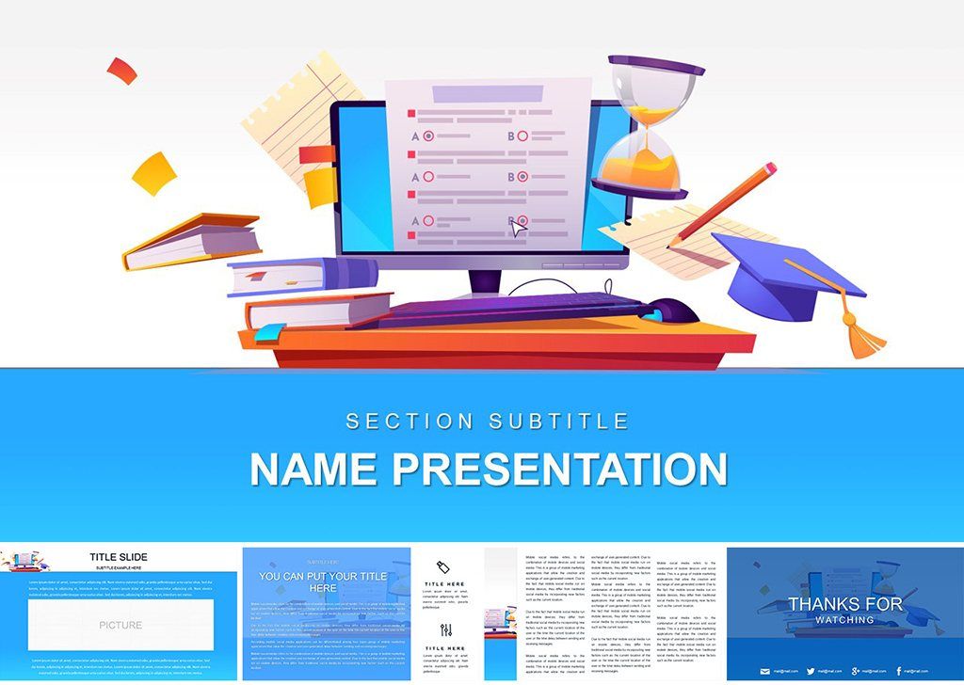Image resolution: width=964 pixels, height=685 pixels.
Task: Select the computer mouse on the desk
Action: (673, 310)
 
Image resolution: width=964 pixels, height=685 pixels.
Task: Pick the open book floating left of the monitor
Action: (192, 240)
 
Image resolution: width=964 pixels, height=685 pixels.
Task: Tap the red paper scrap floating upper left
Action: (121, 70)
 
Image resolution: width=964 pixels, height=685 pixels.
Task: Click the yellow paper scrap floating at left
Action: (153, 173)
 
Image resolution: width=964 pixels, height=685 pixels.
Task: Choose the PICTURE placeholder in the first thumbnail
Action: (120, 625)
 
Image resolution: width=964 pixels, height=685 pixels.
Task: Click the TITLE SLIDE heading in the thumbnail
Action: (119, 557)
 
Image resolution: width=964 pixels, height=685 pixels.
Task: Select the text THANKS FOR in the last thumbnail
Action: (844, 603)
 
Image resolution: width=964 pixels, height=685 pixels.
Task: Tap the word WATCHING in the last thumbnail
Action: (844, 620)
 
